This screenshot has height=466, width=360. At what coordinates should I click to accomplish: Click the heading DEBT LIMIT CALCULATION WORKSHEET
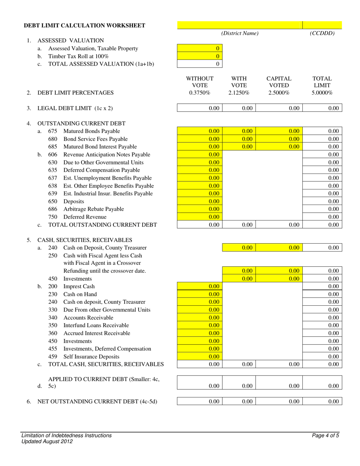coord(85,25)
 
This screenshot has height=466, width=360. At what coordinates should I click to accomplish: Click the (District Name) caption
coord(240,33)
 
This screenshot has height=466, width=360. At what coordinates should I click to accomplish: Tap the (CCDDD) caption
coord(322,33)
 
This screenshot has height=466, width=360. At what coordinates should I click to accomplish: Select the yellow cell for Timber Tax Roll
coord(200,56)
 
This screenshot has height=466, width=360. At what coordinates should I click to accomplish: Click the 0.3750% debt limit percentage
coord(200,93)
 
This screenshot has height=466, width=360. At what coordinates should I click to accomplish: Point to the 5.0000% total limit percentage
coord(322,93)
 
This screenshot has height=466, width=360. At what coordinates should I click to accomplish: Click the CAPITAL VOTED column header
coord(279,82)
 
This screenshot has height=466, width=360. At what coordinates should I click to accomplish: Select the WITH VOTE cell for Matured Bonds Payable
coord(239,131)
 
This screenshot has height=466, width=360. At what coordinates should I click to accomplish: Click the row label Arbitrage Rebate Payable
coord(94,209)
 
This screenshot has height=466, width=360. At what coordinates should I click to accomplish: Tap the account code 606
coord(53,155)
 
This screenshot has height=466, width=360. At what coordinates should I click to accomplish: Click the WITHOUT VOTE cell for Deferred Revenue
coord(200,217)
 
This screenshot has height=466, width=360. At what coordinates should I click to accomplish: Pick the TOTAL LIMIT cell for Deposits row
coord(322,202)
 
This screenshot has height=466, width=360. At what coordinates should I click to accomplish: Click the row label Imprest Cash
coord(79,286)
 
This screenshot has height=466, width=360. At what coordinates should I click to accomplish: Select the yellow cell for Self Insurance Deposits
coord(200,357)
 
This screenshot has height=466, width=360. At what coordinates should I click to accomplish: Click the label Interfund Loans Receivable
coord(96,325)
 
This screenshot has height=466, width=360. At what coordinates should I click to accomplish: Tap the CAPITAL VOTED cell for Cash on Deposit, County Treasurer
coord(279,248)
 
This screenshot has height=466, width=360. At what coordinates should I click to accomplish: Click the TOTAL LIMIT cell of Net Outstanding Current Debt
coord(322,402)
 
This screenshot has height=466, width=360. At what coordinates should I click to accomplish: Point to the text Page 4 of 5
coord(325,436)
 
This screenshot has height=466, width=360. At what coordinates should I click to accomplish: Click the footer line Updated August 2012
coord(47,441)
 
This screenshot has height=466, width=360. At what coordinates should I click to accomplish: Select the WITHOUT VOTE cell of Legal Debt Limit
coord(200,108)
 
